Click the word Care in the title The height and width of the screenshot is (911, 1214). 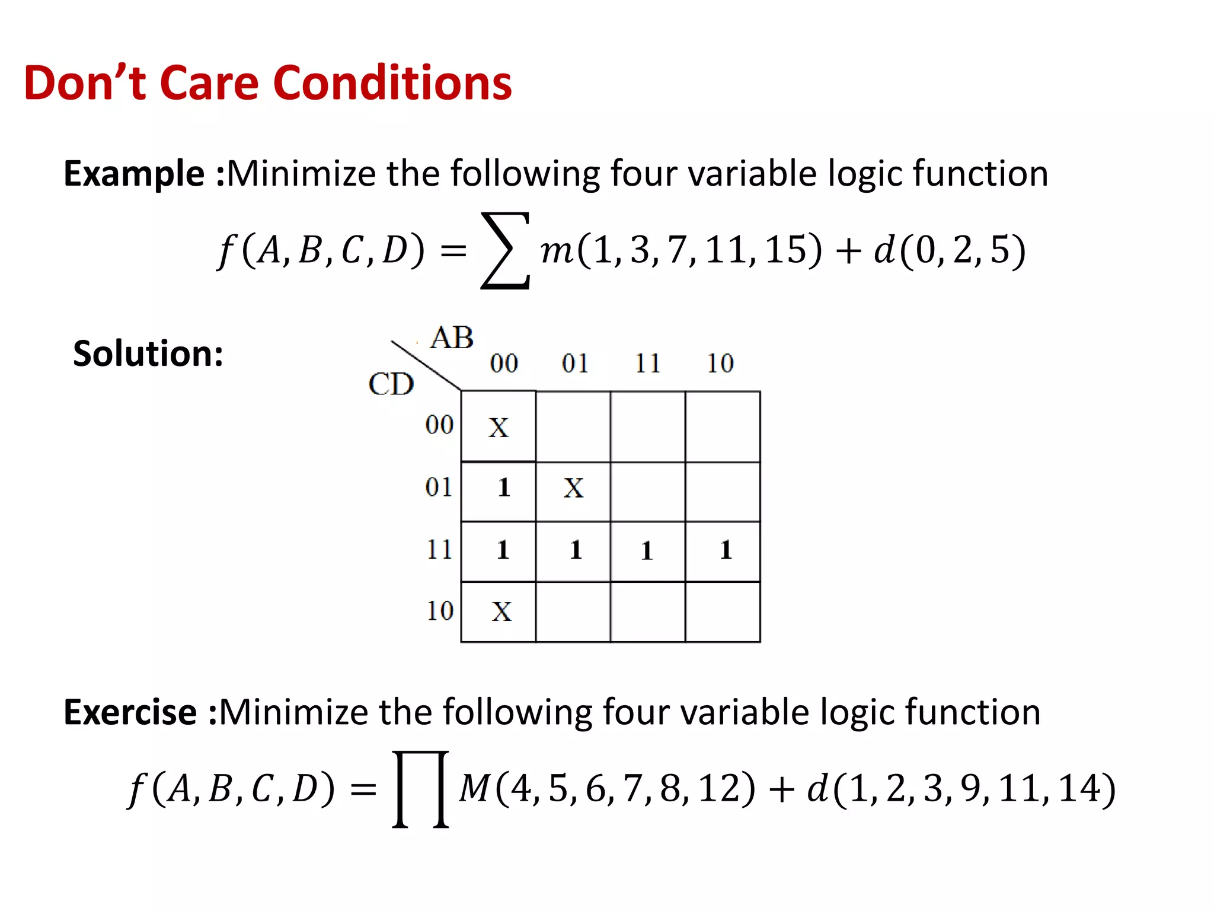point(209,83)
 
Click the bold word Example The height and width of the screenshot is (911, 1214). point(134,174)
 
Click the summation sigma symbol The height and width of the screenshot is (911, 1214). point(504,250)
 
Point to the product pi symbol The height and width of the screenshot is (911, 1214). point(420,789)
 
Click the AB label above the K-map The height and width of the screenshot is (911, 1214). point(452,338)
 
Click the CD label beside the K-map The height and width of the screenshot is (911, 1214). point(391,384)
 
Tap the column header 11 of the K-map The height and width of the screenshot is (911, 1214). point(647,363)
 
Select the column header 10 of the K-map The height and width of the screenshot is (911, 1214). point(720,363)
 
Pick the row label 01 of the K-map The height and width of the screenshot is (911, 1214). point(439,487)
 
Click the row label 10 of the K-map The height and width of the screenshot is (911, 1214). point(440,611)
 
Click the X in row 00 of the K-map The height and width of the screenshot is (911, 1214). point(499,428)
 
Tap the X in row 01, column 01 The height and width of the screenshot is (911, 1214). point(573,488)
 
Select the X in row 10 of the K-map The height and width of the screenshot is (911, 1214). point(501,611)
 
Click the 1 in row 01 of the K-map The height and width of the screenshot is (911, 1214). point(504,488)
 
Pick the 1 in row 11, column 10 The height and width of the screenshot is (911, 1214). point(726,550)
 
